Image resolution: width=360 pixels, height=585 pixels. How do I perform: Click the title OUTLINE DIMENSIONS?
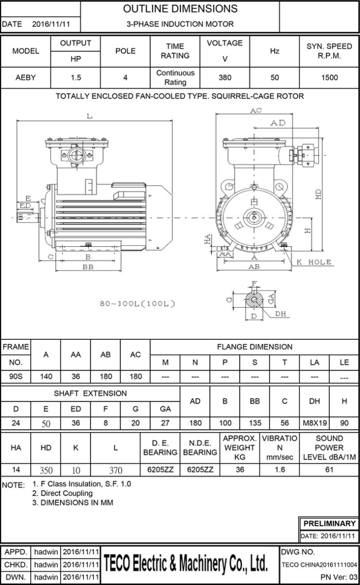(x=180, y=9)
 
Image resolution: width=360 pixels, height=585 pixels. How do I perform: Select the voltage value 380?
(x=224, y=78)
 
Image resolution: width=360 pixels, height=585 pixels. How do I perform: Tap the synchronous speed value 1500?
(x=329, y=78)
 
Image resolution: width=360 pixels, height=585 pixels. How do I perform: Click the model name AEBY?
(x=25, y=78)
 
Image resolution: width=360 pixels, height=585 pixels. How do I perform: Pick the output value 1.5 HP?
(x=76, y=78)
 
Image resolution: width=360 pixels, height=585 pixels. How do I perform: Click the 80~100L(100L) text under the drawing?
(x=137, y=304)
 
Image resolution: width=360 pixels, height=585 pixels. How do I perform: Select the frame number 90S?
(x=16, y=376)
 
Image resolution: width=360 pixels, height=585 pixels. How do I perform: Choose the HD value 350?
(x=46, y=470)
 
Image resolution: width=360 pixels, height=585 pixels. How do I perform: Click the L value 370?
(x=115, y=470)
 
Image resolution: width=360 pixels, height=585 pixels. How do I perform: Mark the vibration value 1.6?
(x=280, y=470)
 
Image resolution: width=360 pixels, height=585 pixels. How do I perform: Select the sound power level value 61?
(x=329, y=470)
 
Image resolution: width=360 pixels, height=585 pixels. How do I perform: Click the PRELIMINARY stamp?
(x=329, y=524)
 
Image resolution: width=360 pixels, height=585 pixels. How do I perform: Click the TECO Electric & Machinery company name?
(x=185, y=564)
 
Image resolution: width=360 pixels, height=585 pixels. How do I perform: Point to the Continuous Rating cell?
(x=175, y=78)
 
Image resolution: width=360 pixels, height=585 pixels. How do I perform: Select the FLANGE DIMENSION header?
(x=254, y=347)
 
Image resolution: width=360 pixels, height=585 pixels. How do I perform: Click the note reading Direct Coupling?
(x=62, y=493)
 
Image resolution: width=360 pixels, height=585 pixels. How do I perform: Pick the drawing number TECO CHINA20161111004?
(x=320, y=565)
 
